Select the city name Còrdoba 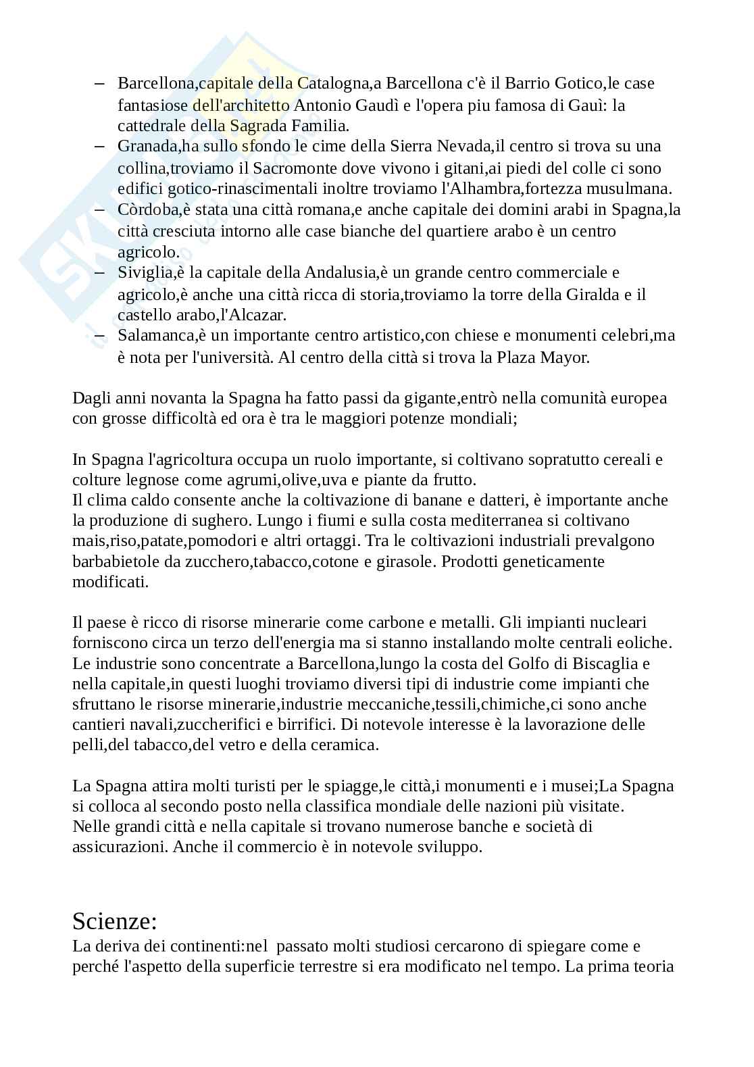pyautogui.click(x=148, y=209)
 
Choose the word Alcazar pyautogui.click(x=259, y=315)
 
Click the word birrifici pyautogui.click(x=303, y=724)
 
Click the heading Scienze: pyautogui.click(x=115, y=920)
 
